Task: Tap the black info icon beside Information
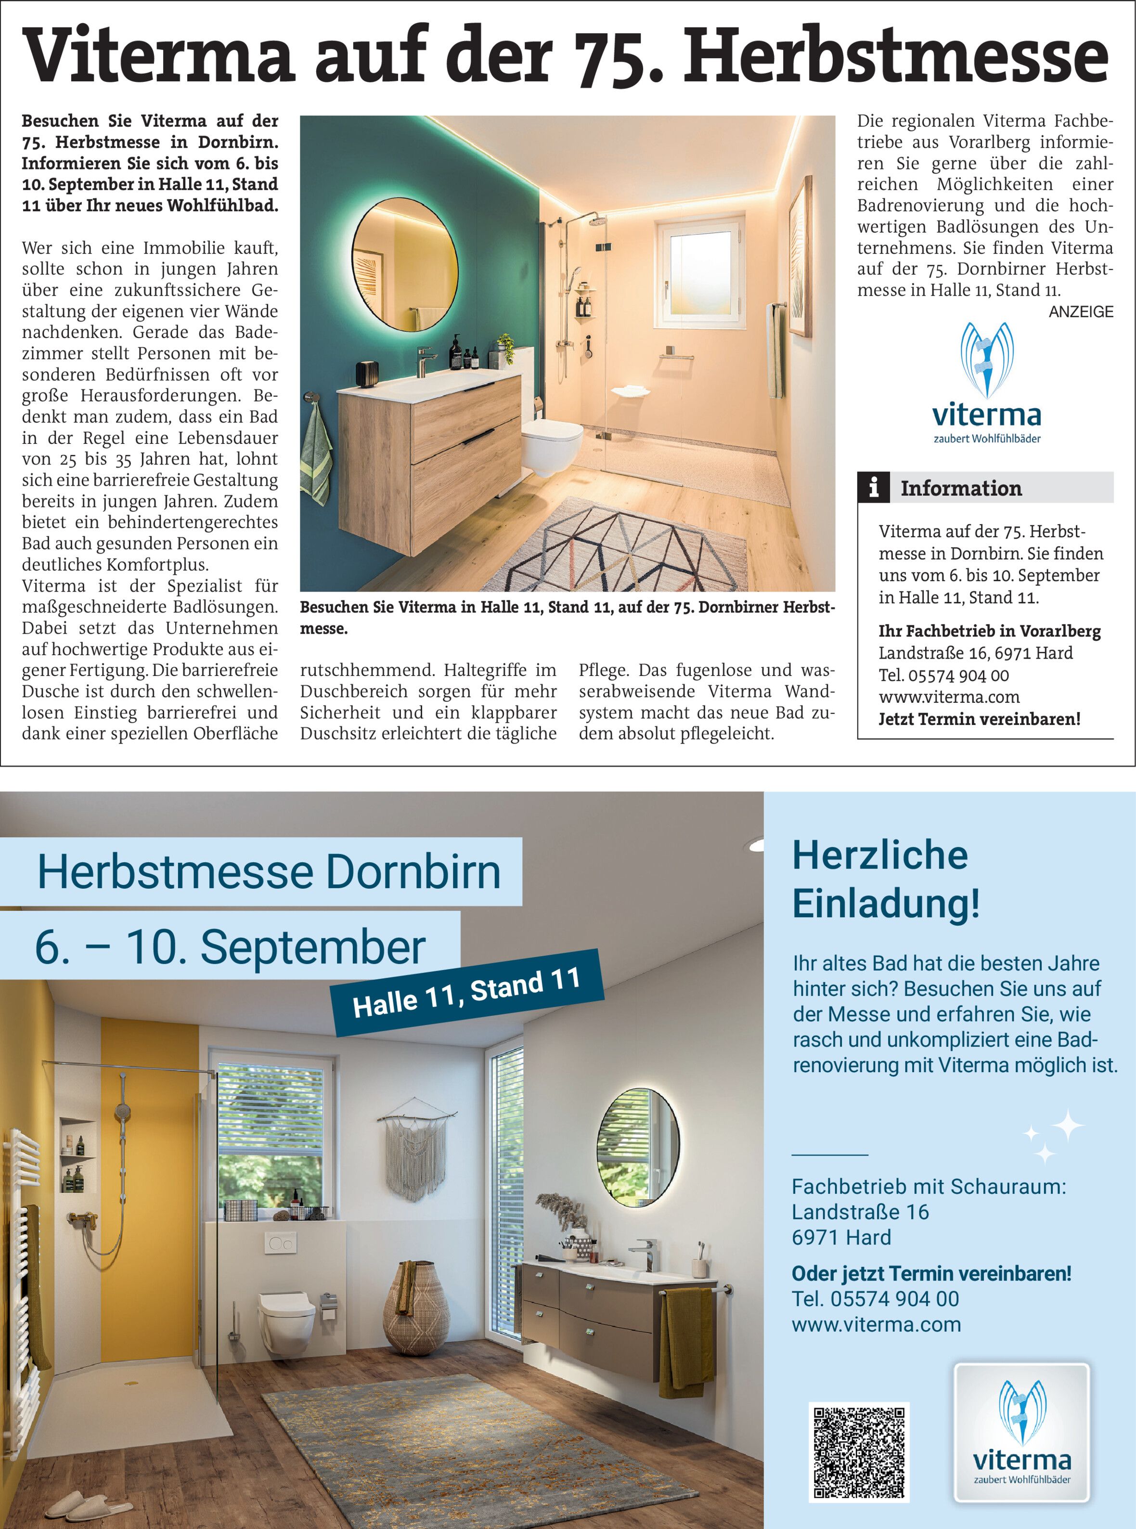(873, 488)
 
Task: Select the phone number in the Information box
(943, 675)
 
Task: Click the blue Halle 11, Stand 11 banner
(467, 992)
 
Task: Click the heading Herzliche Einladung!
(886, 878)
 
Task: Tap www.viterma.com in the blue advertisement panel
(876, 1324)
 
